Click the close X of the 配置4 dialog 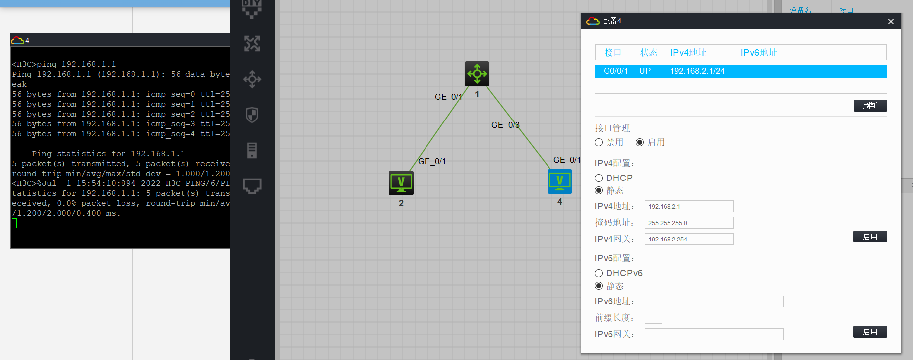click(x=891, y=21)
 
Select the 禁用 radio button click(x=599, y=143)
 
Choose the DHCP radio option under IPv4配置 click(x=599, y=178)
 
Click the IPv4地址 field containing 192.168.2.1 click(x=689, y=207)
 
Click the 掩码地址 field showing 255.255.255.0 click(x=689, y=223)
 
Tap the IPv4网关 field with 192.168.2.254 click(x=689, y=240)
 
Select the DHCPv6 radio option click(x=599, y=273)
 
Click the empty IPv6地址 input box click(x=714, y=301)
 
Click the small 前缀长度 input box click(x=653, y=318)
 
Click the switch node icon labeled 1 click(x=477, y=74)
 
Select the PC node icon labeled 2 click(x=401, y=183)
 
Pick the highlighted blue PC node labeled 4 click(x=560, y=181)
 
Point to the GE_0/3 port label click(x=505, y=125)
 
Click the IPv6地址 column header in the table click(x=759, y=53)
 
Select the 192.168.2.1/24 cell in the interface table click(x=697, y=71)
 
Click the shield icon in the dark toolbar click(x=252, y=115)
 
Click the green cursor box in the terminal click(x=14, y=223)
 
